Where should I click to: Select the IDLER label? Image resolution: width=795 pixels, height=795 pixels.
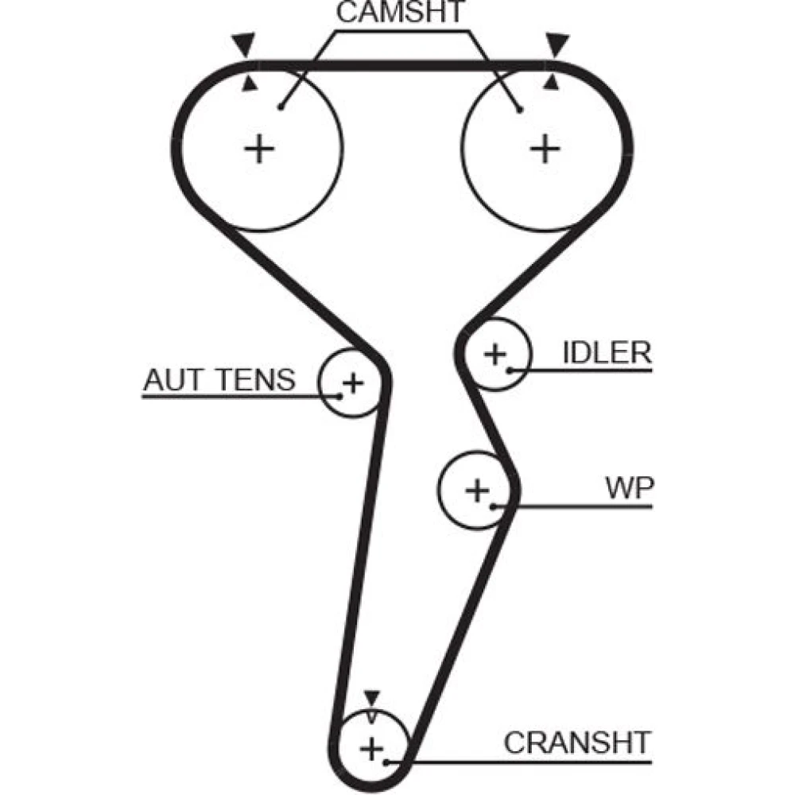point(607,352)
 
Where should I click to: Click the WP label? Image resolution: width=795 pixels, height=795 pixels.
point(629,488)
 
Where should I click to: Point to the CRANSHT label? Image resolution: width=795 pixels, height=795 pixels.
point(577,743)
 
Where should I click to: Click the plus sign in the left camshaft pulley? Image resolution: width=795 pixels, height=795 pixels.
point(258,149)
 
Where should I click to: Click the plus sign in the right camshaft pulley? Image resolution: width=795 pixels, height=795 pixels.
point(545,149)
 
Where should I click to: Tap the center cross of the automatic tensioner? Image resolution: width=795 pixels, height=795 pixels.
point(353,384)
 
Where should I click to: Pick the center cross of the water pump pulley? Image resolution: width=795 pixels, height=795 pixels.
point(477,491)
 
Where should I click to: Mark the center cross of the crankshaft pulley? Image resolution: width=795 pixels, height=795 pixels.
point(371,748)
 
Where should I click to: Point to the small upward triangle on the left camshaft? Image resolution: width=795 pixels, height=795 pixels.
point(250,83)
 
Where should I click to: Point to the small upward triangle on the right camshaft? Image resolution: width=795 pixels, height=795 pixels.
point(552,83)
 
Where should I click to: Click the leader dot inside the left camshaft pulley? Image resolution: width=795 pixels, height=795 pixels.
point(281,107)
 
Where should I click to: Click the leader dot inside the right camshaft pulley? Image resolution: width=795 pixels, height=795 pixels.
point(520,109)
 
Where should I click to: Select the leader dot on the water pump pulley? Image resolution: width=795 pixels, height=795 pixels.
point(494,506)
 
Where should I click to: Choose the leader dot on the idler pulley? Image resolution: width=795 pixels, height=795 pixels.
point(509,370)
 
